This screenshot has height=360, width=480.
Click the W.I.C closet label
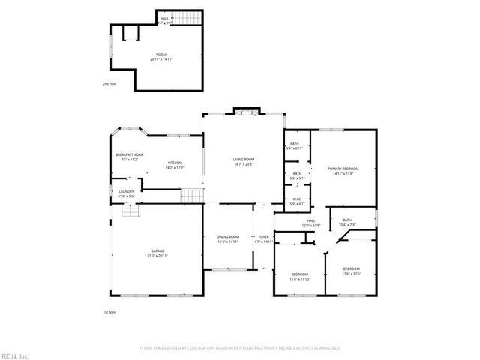297,201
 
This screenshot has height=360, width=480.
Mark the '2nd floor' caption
110,84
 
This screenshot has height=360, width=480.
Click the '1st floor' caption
109,311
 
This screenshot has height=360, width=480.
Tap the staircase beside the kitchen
193,196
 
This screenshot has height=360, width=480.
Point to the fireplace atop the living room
244,112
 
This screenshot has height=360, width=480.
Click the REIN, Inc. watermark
15,355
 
